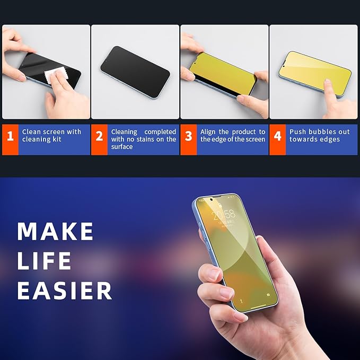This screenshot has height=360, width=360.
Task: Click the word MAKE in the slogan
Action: point(55,231)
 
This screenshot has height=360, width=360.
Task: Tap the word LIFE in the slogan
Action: point(44,261)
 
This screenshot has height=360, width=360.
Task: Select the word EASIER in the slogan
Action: point(65,291)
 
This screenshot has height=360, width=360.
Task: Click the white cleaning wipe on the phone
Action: point(55,77)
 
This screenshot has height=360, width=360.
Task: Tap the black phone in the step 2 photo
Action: point(135,72)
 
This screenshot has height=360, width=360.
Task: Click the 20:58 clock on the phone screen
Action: point(224,215)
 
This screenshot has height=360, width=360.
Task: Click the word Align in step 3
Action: point(209,131)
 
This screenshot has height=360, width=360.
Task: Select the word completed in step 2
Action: point(160,131)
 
